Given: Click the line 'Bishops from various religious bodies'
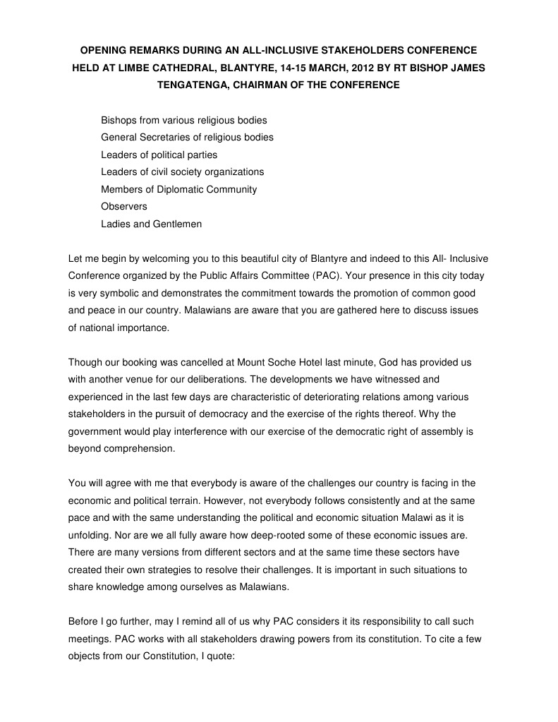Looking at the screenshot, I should coord(183,120).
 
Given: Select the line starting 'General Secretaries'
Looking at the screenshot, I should coord(187,137).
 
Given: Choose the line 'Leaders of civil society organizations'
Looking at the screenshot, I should coord(182,172).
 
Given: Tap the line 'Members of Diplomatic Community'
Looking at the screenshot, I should coord(178,189).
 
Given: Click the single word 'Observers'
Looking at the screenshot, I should coord(124,206).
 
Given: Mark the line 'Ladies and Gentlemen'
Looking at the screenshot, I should coord(151,224).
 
